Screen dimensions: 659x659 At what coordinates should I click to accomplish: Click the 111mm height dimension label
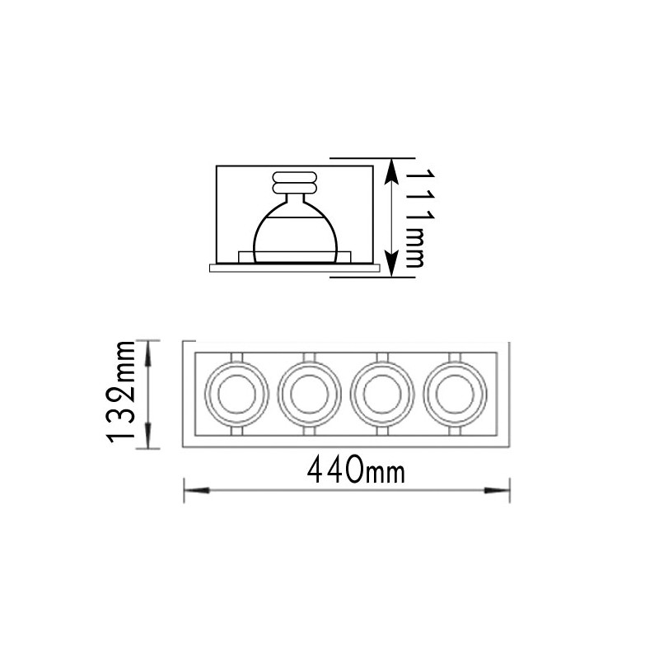[420, 218]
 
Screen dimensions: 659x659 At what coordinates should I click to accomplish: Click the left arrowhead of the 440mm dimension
[197, 490]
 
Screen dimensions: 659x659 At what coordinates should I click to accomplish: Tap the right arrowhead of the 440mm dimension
[497, 490]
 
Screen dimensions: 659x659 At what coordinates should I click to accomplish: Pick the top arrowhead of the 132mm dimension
[148, 353]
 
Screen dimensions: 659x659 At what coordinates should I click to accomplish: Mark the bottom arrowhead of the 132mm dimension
[148, 436]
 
